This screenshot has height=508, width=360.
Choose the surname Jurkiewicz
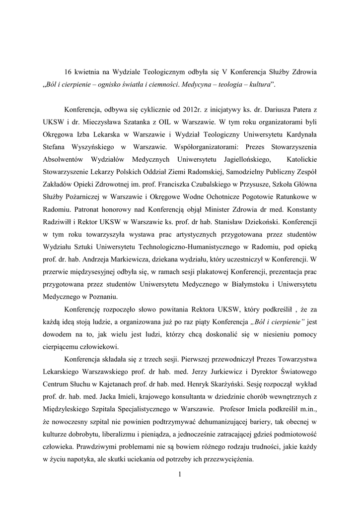coord(243,371)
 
